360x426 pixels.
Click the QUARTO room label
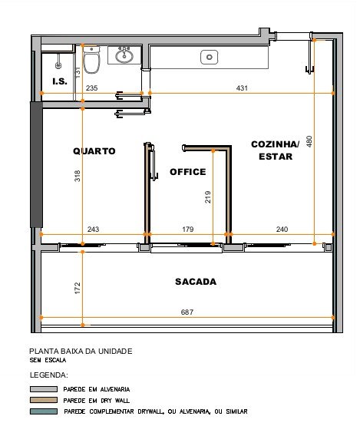tap(94, 151)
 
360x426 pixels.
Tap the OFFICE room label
tap(188, 172)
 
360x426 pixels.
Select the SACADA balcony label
tap(196, 282)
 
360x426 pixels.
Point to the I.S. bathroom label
tap(60, 81)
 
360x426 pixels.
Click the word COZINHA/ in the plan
tap(275, 144)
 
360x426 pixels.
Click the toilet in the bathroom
tap(91, 60)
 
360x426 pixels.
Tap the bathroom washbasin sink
tap(124, 55)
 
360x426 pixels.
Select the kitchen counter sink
tap(210, 57)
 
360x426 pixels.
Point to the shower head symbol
tap(58, 65)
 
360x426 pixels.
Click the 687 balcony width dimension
tap(187, 312)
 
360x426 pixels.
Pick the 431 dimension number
tap(242, 88)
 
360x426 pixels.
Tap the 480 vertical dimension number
tap(309, 141)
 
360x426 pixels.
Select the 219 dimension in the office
tap(207, 197)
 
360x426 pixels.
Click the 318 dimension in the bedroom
tap(78, 176)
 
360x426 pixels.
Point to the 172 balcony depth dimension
tap(78, 288)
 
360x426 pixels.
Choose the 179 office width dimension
tap(188, 230)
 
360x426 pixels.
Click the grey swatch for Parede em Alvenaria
tap(44, 389)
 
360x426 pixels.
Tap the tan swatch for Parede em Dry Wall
tap(44, 400)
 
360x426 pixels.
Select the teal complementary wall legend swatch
tap(44, 411)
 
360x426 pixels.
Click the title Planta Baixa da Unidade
tap(81, 352)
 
